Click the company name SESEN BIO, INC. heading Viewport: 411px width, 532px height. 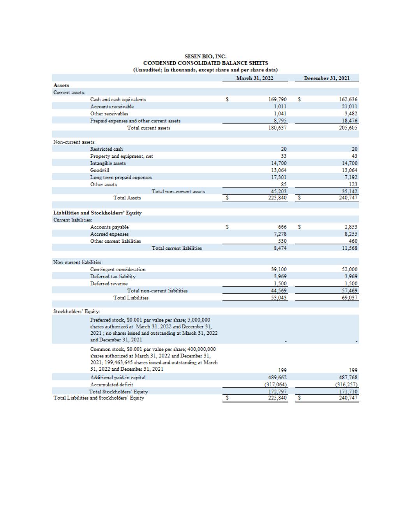coord(205,57)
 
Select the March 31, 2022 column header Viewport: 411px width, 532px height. coord(255,78)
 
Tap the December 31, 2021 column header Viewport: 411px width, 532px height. coord(326,78)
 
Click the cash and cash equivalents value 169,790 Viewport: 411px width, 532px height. coord(278,100)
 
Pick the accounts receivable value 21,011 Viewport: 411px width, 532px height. coord(349,107)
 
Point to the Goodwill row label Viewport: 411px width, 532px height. coord(100,170)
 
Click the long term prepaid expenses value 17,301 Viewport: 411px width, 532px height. coord(279,177)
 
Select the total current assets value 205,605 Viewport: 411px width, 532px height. coord(348,128)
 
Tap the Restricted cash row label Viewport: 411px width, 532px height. coord(106,149)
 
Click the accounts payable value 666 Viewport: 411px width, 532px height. coord(282,227)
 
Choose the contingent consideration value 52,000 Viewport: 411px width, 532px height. coord(349,269)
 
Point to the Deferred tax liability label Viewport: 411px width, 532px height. coord(113,276)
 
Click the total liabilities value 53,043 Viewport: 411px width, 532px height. coord(279,298)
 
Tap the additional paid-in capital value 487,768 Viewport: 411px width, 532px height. coord(348,377)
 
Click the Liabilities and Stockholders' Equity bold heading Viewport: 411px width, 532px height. coord(97,213)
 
